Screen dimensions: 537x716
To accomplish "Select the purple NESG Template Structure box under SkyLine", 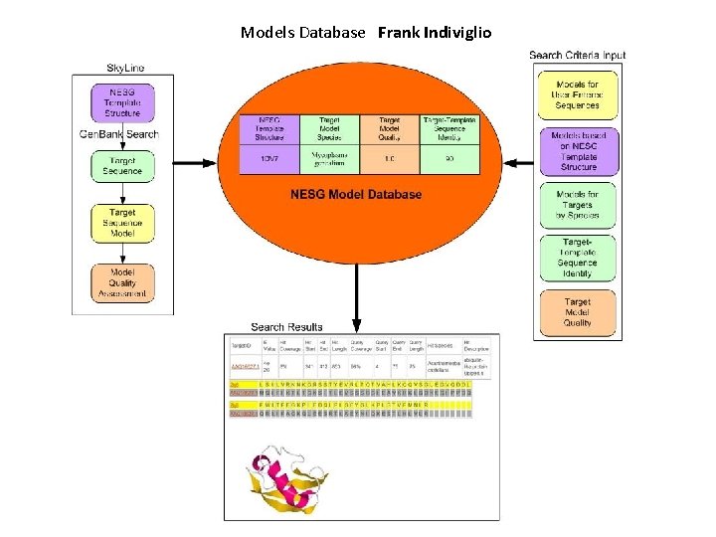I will (122, 102).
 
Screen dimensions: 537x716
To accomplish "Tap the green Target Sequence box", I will (122, 165).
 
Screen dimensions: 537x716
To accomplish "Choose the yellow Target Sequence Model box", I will (122, 223).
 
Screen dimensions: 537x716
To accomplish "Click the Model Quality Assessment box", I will (122, 282).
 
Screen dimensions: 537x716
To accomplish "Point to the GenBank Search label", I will (118, 134).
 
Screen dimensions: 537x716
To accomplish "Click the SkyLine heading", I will (125, 68).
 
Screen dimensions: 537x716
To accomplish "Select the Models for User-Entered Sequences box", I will (578, 95).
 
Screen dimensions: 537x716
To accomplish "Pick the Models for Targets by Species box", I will (578, 205).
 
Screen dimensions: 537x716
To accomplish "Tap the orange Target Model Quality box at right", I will (578, 312).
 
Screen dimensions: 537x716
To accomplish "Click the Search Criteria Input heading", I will (578, 56).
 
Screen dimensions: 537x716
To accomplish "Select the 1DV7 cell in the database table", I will (268, 158).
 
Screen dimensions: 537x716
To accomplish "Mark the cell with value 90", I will (449, 158).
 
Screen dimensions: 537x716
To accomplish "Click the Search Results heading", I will (286, 326).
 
